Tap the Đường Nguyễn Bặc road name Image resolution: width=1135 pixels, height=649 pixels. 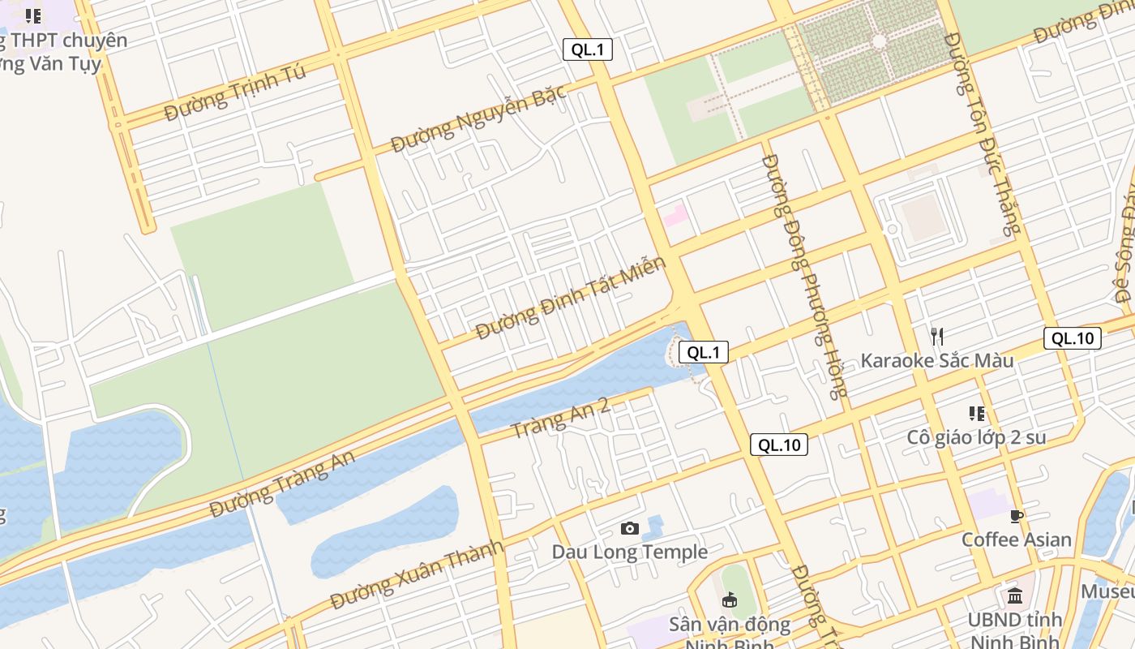coord(478,119)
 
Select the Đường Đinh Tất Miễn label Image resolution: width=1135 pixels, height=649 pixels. coord(571,298)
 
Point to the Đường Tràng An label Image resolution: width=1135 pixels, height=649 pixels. coord(282,485)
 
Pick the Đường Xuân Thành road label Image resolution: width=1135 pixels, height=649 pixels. coord(417,574)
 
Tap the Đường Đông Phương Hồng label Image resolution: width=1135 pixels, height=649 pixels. coord(803,276)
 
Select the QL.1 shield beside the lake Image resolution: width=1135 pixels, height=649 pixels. coord(703,352)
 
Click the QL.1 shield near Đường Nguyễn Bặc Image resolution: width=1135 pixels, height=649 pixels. coord(588,49)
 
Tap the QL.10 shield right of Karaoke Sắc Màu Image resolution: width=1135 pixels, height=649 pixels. coord(1073,338)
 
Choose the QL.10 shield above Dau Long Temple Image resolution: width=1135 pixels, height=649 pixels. coord(779,445)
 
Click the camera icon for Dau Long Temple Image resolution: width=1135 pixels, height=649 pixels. coord(629,529)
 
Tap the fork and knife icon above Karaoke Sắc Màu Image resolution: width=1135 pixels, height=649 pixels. coord(936,336)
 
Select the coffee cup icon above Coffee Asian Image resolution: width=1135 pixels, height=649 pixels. coord(1017,516)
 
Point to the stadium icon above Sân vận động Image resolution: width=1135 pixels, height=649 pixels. coord(729,600)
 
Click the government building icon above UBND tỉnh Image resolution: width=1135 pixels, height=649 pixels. coord(1014,597)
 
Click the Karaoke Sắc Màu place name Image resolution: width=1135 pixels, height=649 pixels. coord(936,360)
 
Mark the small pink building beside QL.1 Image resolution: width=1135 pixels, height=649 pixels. coord(675,216)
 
